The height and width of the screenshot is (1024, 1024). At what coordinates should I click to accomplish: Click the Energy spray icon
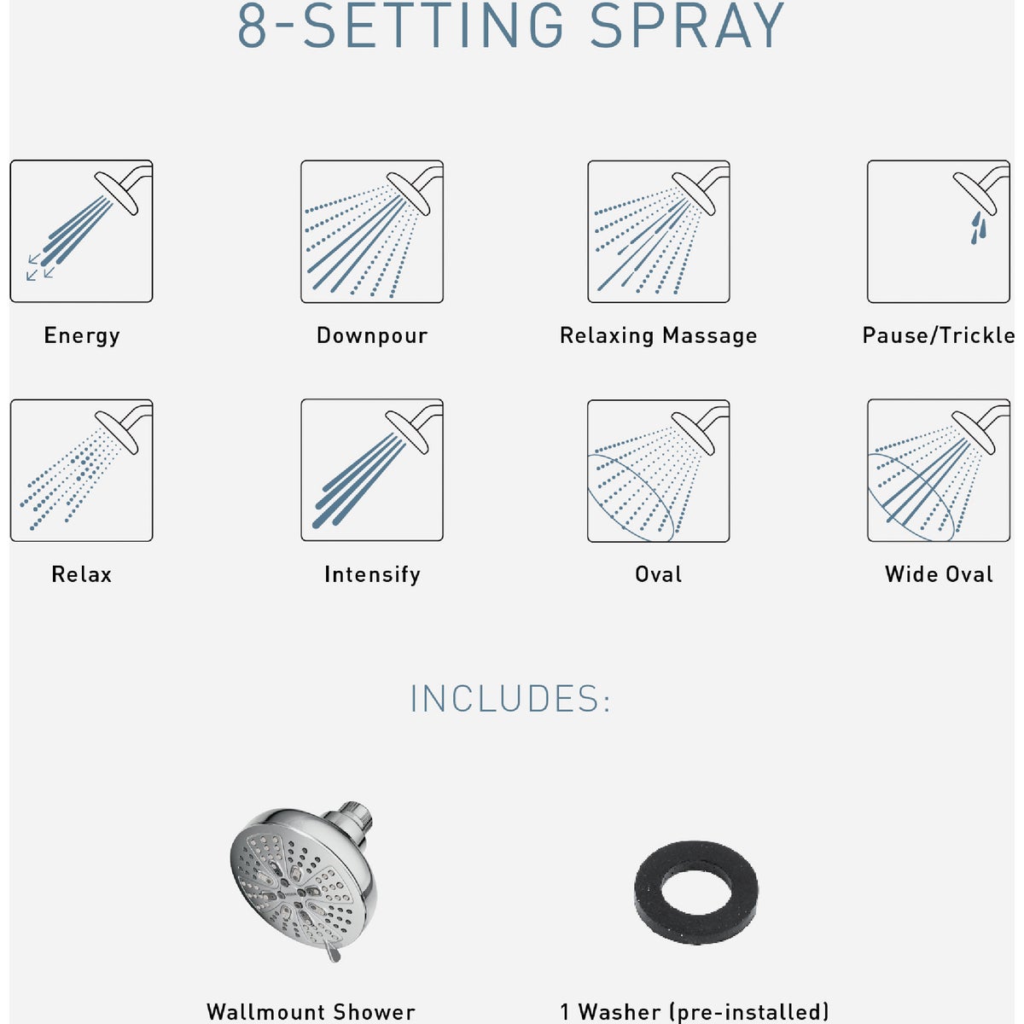[81, 231]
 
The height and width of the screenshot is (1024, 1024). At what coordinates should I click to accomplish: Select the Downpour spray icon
[372, 231]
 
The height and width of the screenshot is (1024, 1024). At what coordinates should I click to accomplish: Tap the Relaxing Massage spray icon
[658, 231]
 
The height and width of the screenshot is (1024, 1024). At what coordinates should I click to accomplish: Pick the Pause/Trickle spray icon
[938, 231]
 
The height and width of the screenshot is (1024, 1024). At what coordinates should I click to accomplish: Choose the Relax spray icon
[81, 470]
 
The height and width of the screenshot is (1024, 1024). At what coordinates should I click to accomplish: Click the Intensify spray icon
[372, 470]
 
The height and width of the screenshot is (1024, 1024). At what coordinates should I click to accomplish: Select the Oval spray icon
[658, 470]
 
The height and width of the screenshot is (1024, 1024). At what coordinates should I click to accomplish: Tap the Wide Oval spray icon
[938, 470]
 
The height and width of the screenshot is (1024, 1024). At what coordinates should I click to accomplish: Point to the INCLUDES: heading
[510, 699]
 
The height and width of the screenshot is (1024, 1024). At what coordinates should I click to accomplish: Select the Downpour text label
[372, 335]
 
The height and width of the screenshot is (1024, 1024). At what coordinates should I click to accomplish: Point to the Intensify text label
[372, 574]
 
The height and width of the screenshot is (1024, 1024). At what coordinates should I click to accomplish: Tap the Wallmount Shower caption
[311, 1012]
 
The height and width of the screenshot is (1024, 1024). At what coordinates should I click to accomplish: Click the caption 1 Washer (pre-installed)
[695, 1012]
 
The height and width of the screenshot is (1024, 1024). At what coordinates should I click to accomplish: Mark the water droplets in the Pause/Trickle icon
[978, 227]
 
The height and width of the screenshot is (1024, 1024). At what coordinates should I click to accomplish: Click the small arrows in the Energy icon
[39, 266]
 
